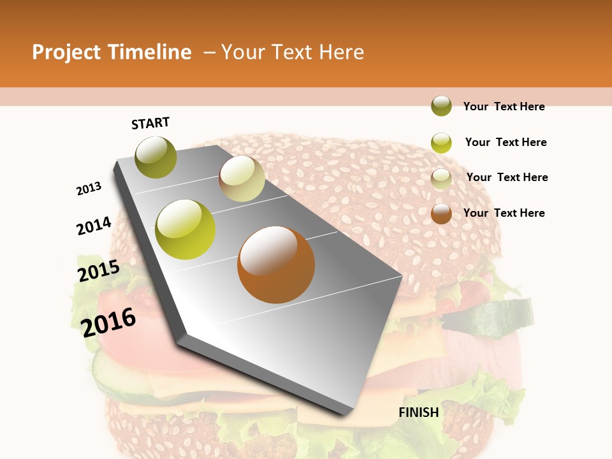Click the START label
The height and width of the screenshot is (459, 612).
[x=150, y=123]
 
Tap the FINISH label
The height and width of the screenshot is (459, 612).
[x=419, y=412]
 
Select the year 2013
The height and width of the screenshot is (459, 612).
[x=89, y=189]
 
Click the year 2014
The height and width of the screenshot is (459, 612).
[x=94, y=226]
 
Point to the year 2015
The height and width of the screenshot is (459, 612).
[x=99, y=271]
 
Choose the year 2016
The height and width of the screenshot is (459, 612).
[x=108, y=322]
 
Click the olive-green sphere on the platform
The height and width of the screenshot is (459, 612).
[x=156, y=157]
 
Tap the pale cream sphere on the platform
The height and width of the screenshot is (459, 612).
[x=242, y=178]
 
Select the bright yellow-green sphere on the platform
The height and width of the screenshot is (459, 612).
[x=186, y=229]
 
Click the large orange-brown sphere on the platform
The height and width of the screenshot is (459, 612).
[x=276, y=265]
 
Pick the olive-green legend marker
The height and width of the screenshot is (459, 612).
[x=441, y=106]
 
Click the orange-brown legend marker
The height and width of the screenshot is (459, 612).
[x=441, y=214]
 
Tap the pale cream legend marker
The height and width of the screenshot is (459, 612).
[x=441, y=178]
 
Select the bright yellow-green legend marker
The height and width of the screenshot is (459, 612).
[x=441, y=143]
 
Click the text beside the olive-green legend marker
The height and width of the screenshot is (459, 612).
[x=504, y=106]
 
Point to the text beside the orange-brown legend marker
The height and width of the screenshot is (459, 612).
[x=504, y=213]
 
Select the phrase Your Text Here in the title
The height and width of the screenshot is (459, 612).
[x=293, y=52]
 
